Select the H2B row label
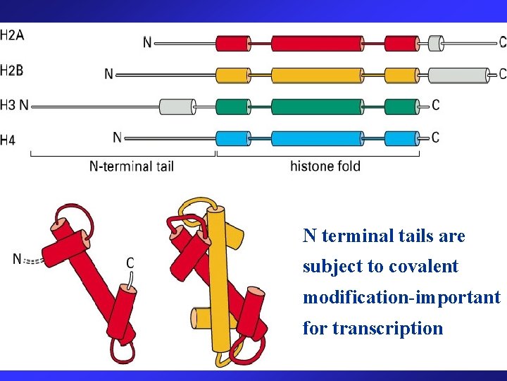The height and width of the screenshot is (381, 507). pos(11,71)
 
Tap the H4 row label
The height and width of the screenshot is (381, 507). pos(8,140)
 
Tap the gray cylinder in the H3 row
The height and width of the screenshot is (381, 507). pos(177,107)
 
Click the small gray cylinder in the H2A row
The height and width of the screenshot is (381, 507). pos(436,44)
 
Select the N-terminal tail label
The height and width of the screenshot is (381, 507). pos(132,167)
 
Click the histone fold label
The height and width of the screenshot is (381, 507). pos(325,167)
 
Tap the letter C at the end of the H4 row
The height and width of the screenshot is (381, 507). pos(435,137)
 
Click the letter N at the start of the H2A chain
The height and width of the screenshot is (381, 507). pos(147,43)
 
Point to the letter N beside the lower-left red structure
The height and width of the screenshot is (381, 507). pos(17,260)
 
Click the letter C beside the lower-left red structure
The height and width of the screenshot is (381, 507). pos(130,263)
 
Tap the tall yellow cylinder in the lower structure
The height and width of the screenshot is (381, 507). pos(219,282)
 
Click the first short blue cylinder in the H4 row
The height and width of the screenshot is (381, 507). pos(232,138)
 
